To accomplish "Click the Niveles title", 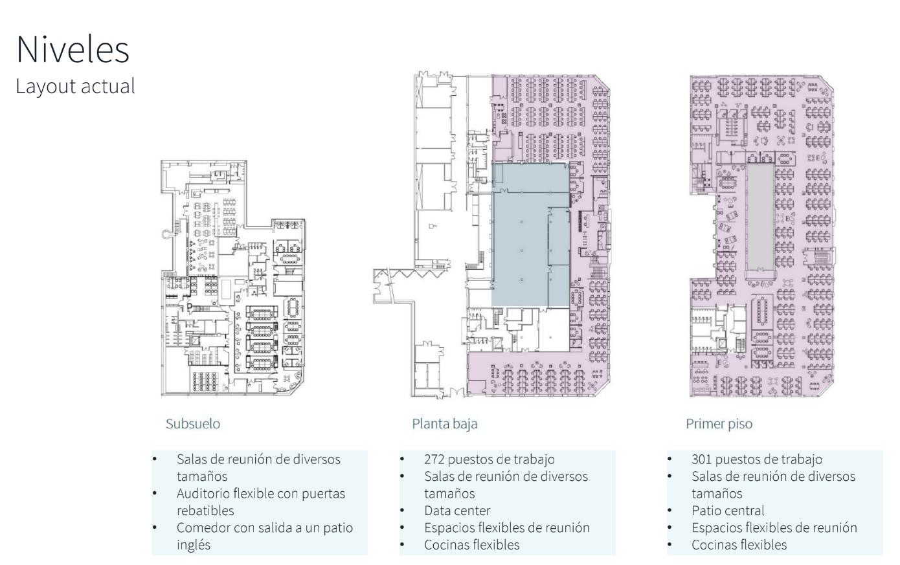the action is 73,50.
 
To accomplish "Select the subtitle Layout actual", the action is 75,86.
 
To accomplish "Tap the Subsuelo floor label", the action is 193,424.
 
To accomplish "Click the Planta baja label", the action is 445,424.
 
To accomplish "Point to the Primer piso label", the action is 719,424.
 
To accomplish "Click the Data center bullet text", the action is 457,511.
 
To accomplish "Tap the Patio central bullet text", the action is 728,511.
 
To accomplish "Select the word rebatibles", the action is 205,511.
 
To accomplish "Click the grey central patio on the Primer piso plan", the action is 760,217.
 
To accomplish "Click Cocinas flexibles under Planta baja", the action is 472,545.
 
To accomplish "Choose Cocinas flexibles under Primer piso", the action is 739,545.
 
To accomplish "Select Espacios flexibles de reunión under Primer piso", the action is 774,527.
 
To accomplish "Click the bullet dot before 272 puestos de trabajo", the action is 402,459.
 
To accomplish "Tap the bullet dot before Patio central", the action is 669,511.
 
